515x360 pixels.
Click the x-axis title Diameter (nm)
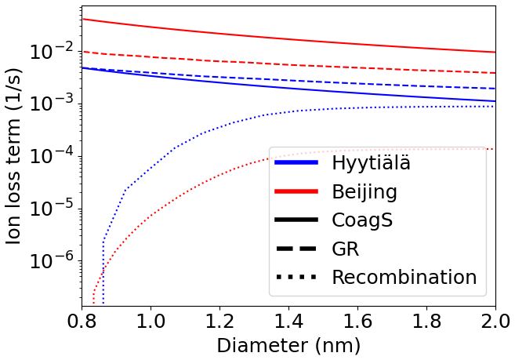(288, 345)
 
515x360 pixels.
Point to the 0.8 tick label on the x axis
(82, 322)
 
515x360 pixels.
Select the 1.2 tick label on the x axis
(219, 322)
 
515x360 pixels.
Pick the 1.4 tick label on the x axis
(288, 322)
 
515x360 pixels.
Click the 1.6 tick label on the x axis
(357, 322)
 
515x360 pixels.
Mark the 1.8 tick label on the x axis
(426, 322)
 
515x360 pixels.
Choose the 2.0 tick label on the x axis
(495, 322)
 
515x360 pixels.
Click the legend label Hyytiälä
(371, 163)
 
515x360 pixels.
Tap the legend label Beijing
(364, 191)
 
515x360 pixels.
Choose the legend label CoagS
(362, 220)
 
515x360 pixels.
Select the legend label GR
(346, 249)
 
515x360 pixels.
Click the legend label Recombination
(404, 277)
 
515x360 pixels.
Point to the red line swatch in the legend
(296, 191)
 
